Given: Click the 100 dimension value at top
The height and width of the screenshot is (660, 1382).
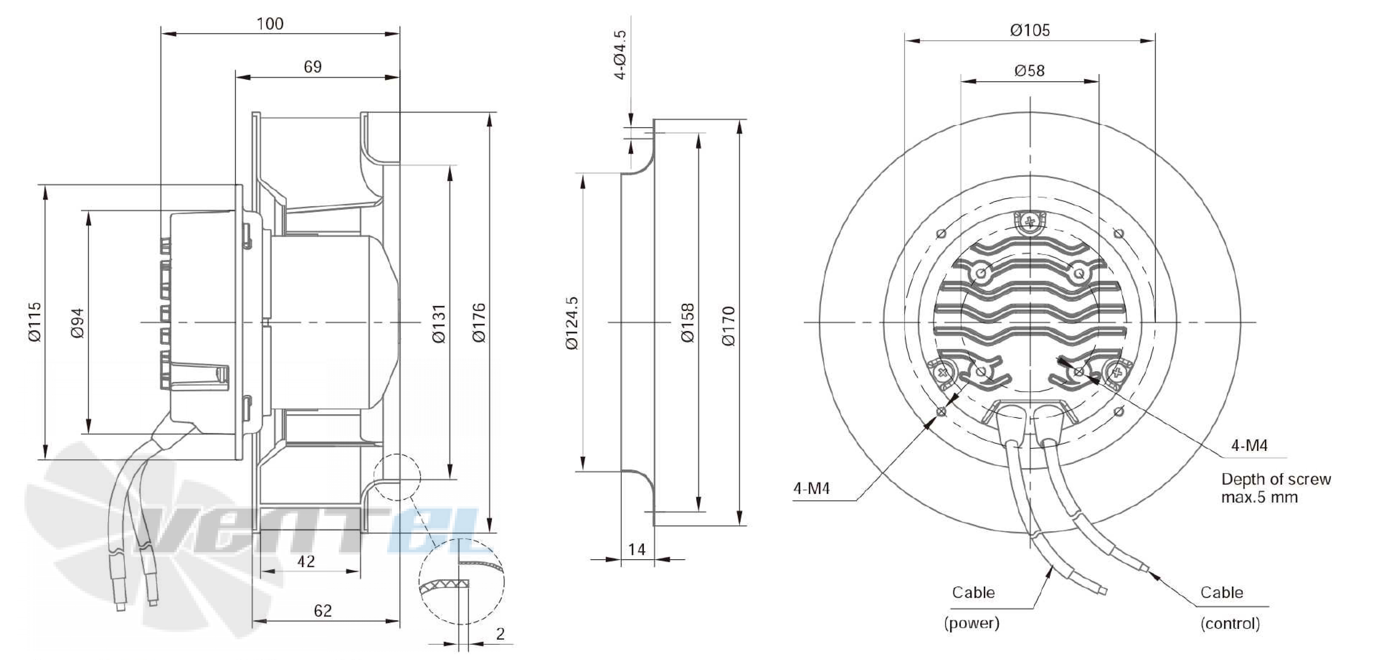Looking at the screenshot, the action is [x=270, y=24].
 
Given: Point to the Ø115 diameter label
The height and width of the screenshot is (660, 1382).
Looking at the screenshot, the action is [x=34, y=322].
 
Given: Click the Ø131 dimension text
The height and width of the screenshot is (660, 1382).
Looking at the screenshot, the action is [x=439, y=324].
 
